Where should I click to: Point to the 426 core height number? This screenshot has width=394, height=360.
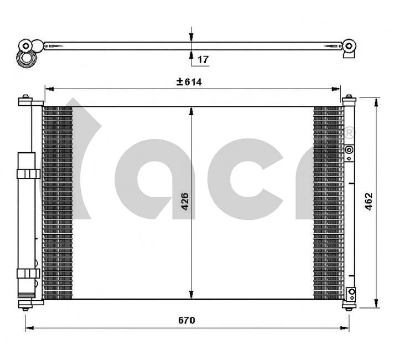coord(185,202)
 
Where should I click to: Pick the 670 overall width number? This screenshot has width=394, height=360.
coord(186,321)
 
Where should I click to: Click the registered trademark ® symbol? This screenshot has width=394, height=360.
coord(350,133)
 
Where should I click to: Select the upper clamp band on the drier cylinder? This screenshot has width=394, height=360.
coord(28,174)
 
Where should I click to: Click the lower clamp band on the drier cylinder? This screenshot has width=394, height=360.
coord(28,273)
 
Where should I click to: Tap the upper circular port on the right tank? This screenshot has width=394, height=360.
coord(349,150)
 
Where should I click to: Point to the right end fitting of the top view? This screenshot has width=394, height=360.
coord(349,47)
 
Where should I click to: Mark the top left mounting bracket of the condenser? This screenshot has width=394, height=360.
coord(25,101)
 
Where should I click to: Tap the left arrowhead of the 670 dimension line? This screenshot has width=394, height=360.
coord(28,328)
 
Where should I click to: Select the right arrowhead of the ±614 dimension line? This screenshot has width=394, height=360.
coord(337,88)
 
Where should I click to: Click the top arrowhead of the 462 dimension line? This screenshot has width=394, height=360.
coord(376,101)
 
